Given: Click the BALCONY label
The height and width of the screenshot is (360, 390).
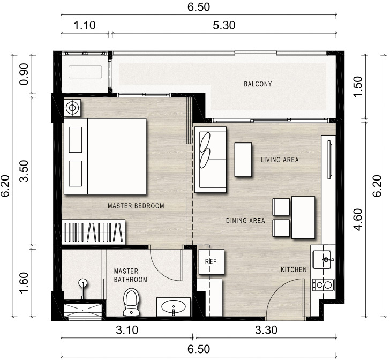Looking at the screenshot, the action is click(258, 84).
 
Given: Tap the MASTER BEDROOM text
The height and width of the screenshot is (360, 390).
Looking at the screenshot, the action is click(136, 206).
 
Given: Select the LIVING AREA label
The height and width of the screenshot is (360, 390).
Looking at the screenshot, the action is click(280, 160).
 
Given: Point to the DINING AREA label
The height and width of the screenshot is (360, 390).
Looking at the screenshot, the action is click(245, 220).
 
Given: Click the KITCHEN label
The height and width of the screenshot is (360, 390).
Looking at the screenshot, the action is click(294, 269).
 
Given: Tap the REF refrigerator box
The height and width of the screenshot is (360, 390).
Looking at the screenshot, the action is click(211, 262).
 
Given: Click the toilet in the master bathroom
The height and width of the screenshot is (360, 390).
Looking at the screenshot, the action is click(131, 302).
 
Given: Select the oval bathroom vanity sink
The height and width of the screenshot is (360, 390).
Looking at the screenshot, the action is click(174, 306).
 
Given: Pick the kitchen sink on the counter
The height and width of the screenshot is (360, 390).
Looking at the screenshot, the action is click(322, 260).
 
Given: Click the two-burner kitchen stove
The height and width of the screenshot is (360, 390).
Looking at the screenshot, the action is click(324, 285).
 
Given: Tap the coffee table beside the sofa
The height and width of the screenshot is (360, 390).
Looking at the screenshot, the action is click(243, 160).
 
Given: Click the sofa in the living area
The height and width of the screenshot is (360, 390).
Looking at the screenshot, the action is click(211, 160).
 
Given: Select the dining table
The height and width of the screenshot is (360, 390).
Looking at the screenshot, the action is click(303, 217).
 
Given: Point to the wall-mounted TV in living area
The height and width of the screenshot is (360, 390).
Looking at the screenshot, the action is click(329, 160).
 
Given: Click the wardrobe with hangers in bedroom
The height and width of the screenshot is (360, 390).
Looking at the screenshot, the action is click(94, 232).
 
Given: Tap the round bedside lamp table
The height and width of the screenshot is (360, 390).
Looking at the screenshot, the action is click(72, 108).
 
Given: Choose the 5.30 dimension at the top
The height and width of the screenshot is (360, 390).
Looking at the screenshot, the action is click(224, 26).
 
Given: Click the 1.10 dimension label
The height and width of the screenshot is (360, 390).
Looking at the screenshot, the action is click(85, 26).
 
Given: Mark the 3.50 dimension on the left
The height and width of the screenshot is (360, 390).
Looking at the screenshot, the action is click(25, 171).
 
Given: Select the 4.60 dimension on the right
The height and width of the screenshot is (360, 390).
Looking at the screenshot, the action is click(359, 220).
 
